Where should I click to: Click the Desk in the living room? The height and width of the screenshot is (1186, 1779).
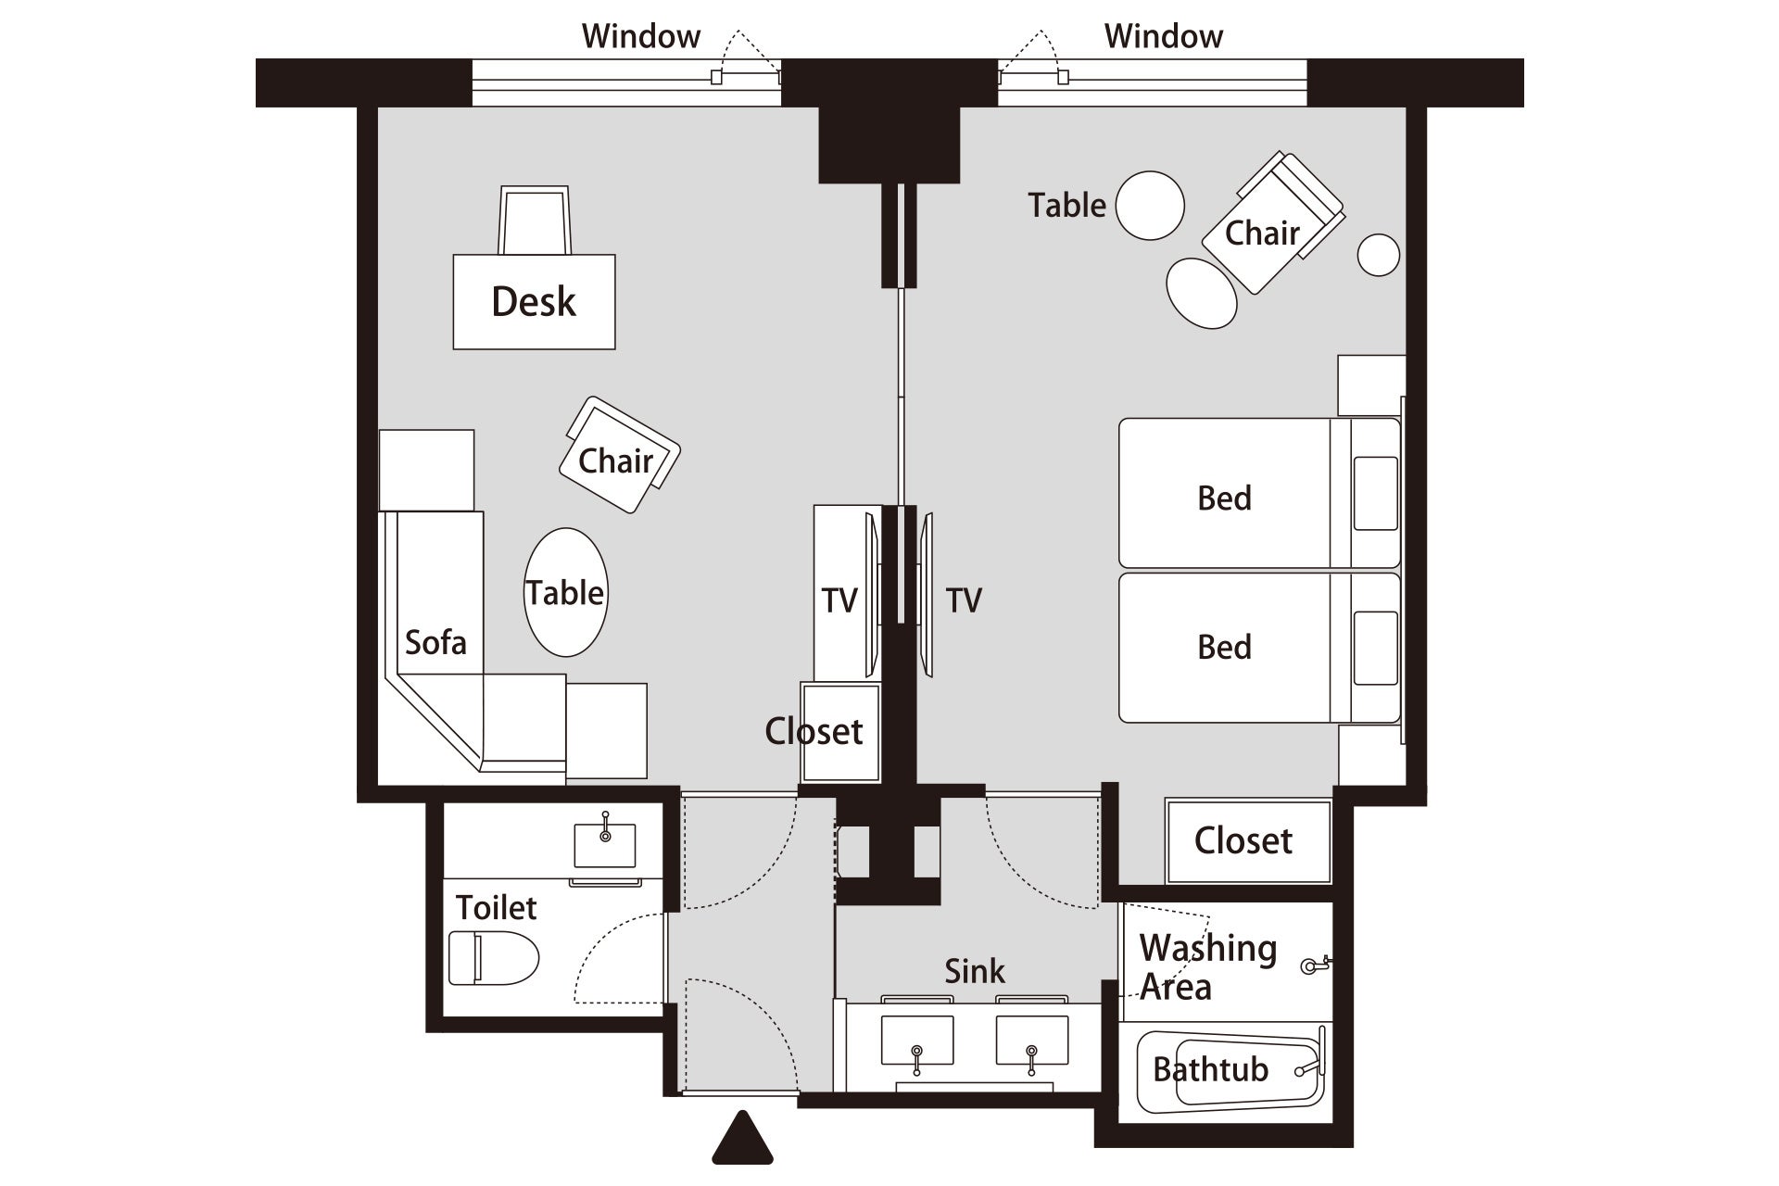coord(534,302)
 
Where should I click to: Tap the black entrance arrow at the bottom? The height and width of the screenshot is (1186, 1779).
coord(742,1139)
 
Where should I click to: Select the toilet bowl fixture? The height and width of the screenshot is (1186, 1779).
coord(494,958)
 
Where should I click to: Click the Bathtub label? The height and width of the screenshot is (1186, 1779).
coord(1210,1069)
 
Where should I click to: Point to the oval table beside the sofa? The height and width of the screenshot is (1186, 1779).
coord(566,593)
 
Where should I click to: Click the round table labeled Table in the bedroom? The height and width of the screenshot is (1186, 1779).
coord(1150,206)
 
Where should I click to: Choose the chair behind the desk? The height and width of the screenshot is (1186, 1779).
coord(535,221)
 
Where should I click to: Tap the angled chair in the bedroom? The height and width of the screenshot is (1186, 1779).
coord(1273,222)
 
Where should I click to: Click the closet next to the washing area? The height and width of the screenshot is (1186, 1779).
coord(1248,841)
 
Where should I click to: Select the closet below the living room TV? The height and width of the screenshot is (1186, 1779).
coord(840,733)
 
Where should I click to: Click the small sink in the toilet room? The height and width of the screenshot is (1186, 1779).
coord(605,844)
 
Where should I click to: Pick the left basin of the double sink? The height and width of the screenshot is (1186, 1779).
coord(916,1040)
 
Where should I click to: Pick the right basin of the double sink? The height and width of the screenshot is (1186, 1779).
coord(1032,1040)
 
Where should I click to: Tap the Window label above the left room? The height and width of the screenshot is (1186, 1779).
coord(641,36)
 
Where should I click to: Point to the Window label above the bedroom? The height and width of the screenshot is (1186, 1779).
coord(1164,36)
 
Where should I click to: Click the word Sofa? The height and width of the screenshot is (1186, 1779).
coord(435,642)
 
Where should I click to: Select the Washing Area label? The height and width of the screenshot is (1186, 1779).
coord(1208,967)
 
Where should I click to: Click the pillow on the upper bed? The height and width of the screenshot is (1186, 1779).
coord(1376,493)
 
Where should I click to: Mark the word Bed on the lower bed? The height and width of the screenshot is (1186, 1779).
coord(1224,647)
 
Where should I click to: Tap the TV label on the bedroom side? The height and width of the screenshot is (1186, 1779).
coord(964,600)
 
